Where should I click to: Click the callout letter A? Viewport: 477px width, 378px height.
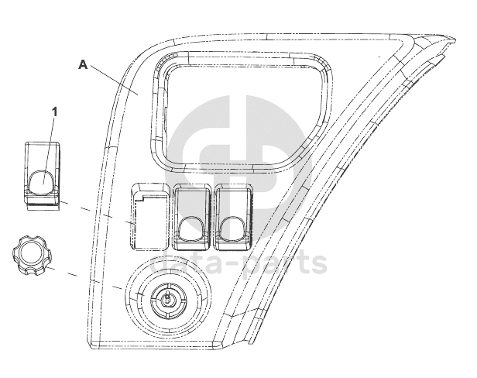pos(83,64)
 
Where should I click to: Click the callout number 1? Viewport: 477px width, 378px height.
pos(54,112)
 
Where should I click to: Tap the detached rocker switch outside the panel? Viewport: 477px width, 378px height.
pos(43,176)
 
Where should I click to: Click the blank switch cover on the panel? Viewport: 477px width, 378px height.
pos(149,216)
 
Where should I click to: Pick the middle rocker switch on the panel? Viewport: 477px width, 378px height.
pos(191,217)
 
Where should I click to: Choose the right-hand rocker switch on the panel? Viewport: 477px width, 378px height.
pos(234,217)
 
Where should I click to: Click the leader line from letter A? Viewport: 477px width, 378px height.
pos(113,80)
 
